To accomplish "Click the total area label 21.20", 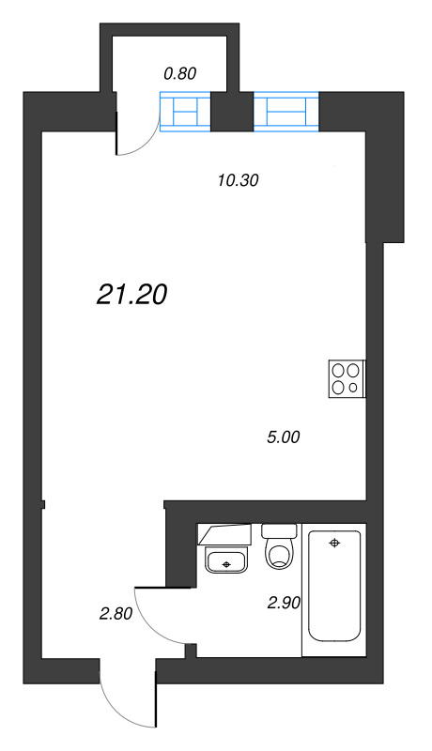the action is click(131, 294).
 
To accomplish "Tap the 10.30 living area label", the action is click(238, 180).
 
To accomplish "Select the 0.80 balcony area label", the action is click(180, 74).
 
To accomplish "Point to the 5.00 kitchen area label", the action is click(283, 437).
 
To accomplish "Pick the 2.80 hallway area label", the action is click(116, 614).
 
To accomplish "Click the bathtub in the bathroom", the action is click(333, 585).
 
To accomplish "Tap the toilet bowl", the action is click(280, 554).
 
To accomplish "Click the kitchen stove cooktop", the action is click(347, 378).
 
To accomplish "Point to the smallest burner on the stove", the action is click(353, 388).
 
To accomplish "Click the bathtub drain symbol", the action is click(334, 543).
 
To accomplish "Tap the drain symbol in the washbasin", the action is click(227, 565).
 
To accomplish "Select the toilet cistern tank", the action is click(280, 530).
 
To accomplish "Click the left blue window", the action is click(185, 111).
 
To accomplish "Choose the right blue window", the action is click(285, 111).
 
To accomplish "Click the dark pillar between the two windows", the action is click(232, 111).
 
